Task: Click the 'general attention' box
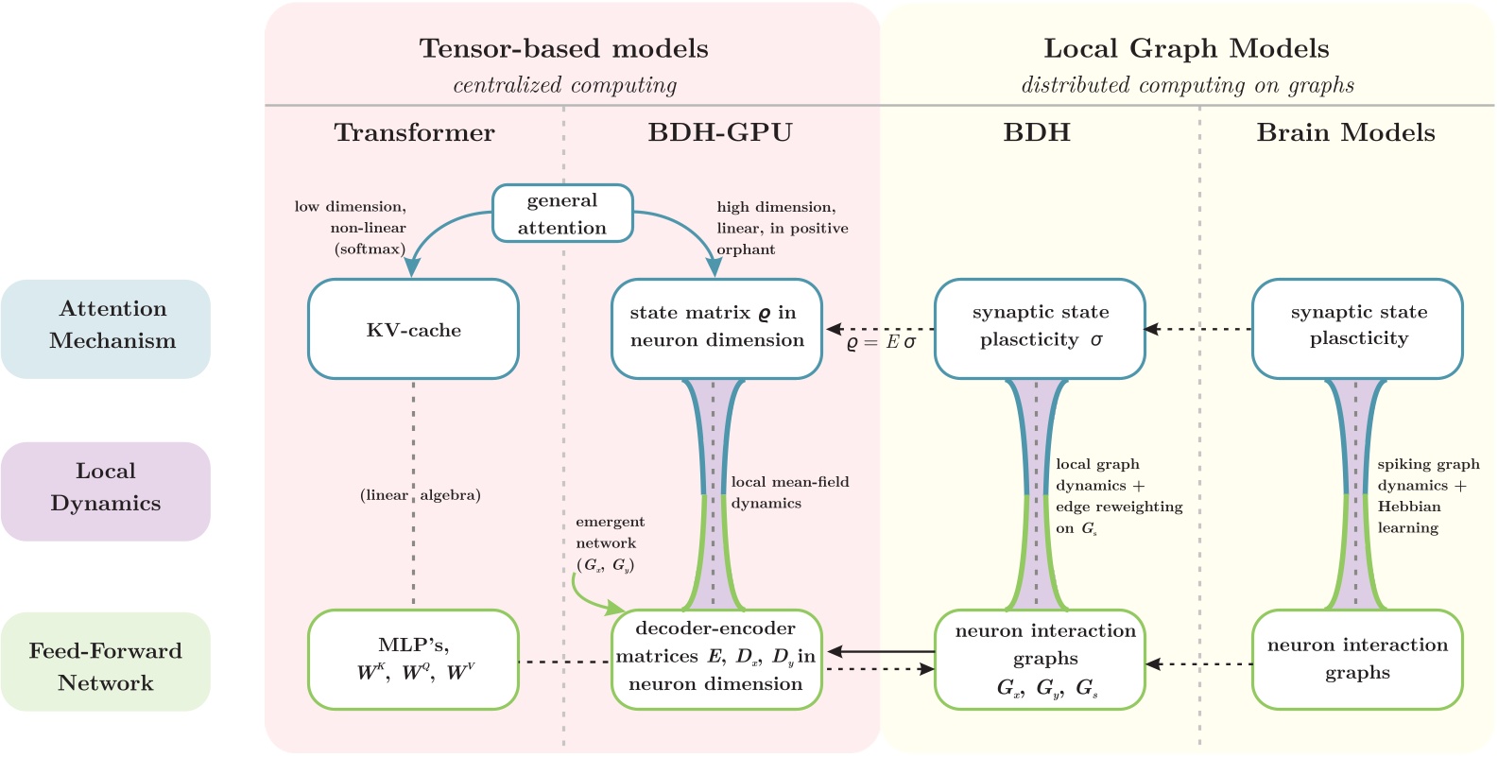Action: pos(562,214)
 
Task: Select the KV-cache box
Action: pos(413,330)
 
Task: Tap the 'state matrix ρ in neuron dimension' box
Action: pos(716,328)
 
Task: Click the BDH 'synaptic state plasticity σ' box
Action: pos(1040,328)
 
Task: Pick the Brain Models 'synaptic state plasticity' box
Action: pos(1357,328)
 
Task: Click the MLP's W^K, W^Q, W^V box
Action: pos(413,659)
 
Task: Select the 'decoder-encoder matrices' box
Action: pos(715,658)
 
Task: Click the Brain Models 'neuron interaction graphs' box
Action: pos(1357,659)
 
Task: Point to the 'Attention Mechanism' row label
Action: pos(106,326)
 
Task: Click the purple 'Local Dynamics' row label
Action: pos(106,489)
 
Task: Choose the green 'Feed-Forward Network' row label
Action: pos(106,667)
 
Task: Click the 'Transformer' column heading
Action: pos(414,132)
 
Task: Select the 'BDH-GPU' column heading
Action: pos(720,132)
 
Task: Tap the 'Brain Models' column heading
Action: pos(1345,132)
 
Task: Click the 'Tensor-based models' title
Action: pos(564,49)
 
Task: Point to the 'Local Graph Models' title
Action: pos(1186,49)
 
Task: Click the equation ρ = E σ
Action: pos(881,343)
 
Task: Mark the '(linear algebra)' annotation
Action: pos(421,495)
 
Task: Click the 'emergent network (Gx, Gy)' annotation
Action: pos(610,543)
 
